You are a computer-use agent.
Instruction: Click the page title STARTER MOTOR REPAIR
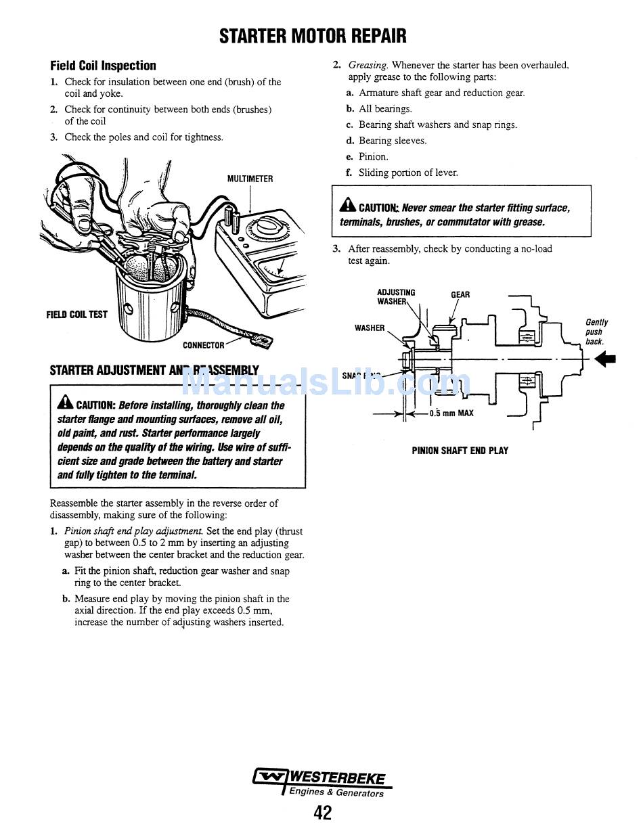pyautogui.click(x=313, y=36)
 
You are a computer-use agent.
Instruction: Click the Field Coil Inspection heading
pyautogui.click(x=103, y=66)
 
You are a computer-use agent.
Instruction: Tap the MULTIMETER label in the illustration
pyautogui.click(x=250, y=179)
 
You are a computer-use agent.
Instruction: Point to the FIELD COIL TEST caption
pyautogui.click(x=76, y=314)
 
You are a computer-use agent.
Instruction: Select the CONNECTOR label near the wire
pyautogui.click(x=203, y=345)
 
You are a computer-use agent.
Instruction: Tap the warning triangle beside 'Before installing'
pyautogui.click(x=66, y=404)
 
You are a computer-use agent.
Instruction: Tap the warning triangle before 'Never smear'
pyautogui.click(x=347, y=206)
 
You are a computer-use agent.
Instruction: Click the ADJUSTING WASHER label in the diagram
pyautogui.click(x=396, y=297)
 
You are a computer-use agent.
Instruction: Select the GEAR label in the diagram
pyautogui.click(x=460, y=295)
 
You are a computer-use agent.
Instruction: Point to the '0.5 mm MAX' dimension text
pyautogui.click(x=451, y=413)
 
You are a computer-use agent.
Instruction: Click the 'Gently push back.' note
pyautogui.click(x=596, y=332)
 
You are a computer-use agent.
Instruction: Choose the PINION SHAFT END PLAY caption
pyautogui.click(x=460, y=451)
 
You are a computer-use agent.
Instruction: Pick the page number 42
pyautogui.click(x=323, y=812)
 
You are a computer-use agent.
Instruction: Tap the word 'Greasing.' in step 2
pyautogui.click(x=368, y=65)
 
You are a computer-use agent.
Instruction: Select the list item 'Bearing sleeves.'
pyautogui.click(x=393, y=141)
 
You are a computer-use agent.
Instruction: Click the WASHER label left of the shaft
pyautogui.click(x=370, y=328)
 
